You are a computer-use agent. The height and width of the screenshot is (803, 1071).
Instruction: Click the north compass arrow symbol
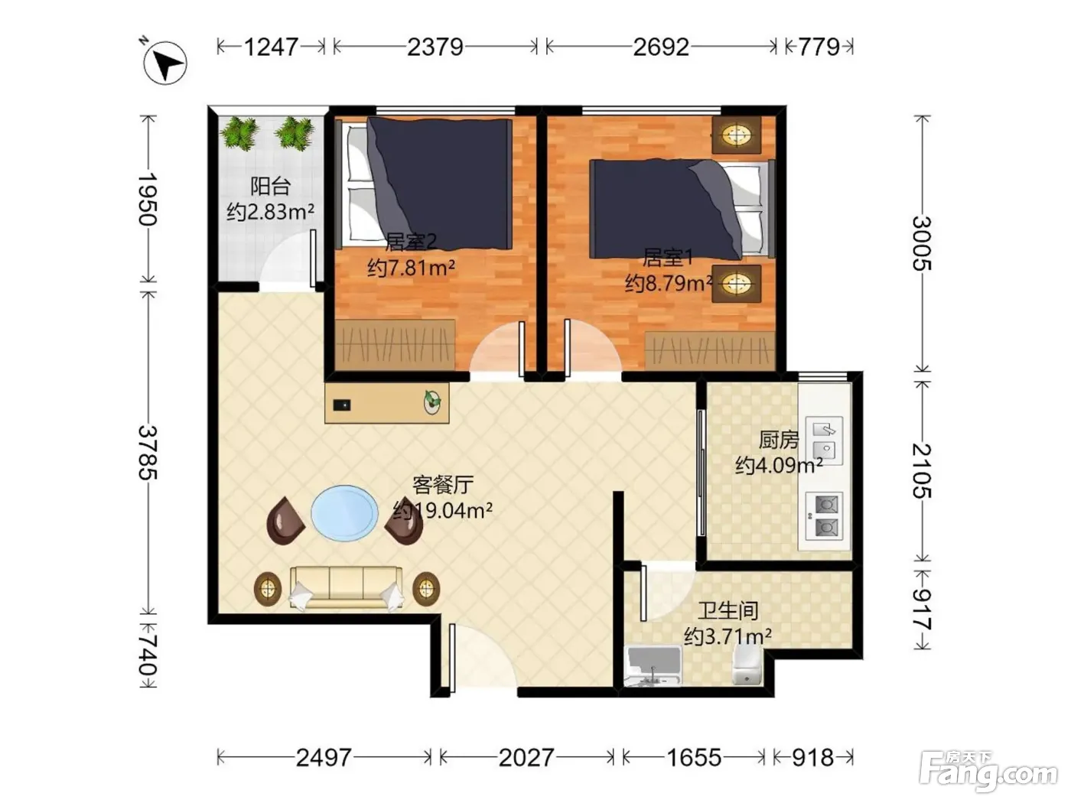pos(165,63)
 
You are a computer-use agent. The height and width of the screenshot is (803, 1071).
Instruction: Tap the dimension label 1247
pos(271,47)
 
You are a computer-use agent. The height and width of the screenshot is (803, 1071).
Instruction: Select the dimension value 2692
pos(661,47)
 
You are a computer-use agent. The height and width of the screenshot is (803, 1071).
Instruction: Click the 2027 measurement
pos(526,758)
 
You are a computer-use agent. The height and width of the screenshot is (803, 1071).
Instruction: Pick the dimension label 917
pos(922,610)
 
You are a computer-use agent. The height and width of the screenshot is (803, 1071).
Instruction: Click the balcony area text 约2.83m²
pos(270,212)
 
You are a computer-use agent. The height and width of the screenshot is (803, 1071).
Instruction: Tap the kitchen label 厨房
pos(779,441)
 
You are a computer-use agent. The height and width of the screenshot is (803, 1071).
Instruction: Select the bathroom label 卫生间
pos(728,611)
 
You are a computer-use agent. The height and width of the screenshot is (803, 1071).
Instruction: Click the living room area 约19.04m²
pos(442,510)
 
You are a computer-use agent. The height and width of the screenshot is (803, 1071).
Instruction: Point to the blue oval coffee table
pos(344,512)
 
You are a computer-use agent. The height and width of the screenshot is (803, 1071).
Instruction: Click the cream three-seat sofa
pos(347,588)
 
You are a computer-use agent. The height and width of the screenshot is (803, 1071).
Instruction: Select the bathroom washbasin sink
pos(653,665)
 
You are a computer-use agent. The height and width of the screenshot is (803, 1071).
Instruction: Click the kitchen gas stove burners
pos(824,515)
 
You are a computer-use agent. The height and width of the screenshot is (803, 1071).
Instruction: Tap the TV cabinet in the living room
pos(387,403)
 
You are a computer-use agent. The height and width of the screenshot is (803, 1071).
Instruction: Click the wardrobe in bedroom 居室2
pos(396,345)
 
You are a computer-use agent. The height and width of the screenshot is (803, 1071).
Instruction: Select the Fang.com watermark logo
pos(988,772)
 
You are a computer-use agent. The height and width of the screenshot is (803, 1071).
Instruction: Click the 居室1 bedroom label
pos(668,258)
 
